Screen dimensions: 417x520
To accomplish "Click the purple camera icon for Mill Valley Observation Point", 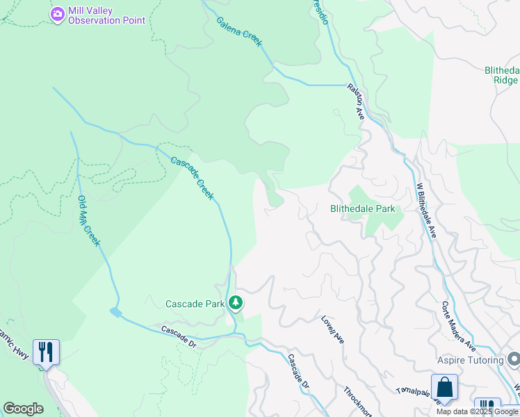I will (x=58, y=13).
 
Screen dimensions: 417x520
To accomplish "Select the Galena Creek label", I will (x=238, y=32).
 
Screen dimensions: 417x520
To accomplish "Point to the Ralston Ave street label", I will (x=356, y=101).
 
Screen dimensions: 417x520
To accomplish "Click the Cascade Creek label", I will (x=192, y=179).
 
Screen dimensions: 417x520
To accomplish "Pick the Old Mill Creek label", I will (x=89, y=221).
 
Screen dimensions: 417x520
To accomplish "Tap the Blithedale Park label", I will (x=362, y=208).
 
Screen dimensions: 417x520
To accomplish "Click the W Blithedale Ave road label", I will (x=425, y=211).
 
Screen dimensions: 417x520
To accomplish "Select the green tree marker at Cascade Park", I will (x=236, y=303).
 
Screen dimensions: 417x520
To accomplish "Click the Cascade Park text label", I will (x=195, y=304).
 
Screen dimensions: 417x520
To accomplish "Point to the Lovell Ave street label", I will (x=332, y=329).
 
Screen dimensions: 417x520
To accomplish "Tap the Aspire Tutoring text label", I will (x=470, y=360).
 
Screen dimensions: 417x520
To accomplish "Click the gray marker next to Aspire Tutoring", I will (x=514, y=359).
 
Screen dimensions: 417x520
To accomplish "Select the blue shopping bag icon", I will (x=444, y=388).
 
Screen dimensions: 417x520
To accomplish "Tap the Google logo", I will (x=24, y=409).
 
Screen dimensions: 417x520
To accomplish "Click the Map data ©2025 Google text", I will (x=478, y=411).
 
